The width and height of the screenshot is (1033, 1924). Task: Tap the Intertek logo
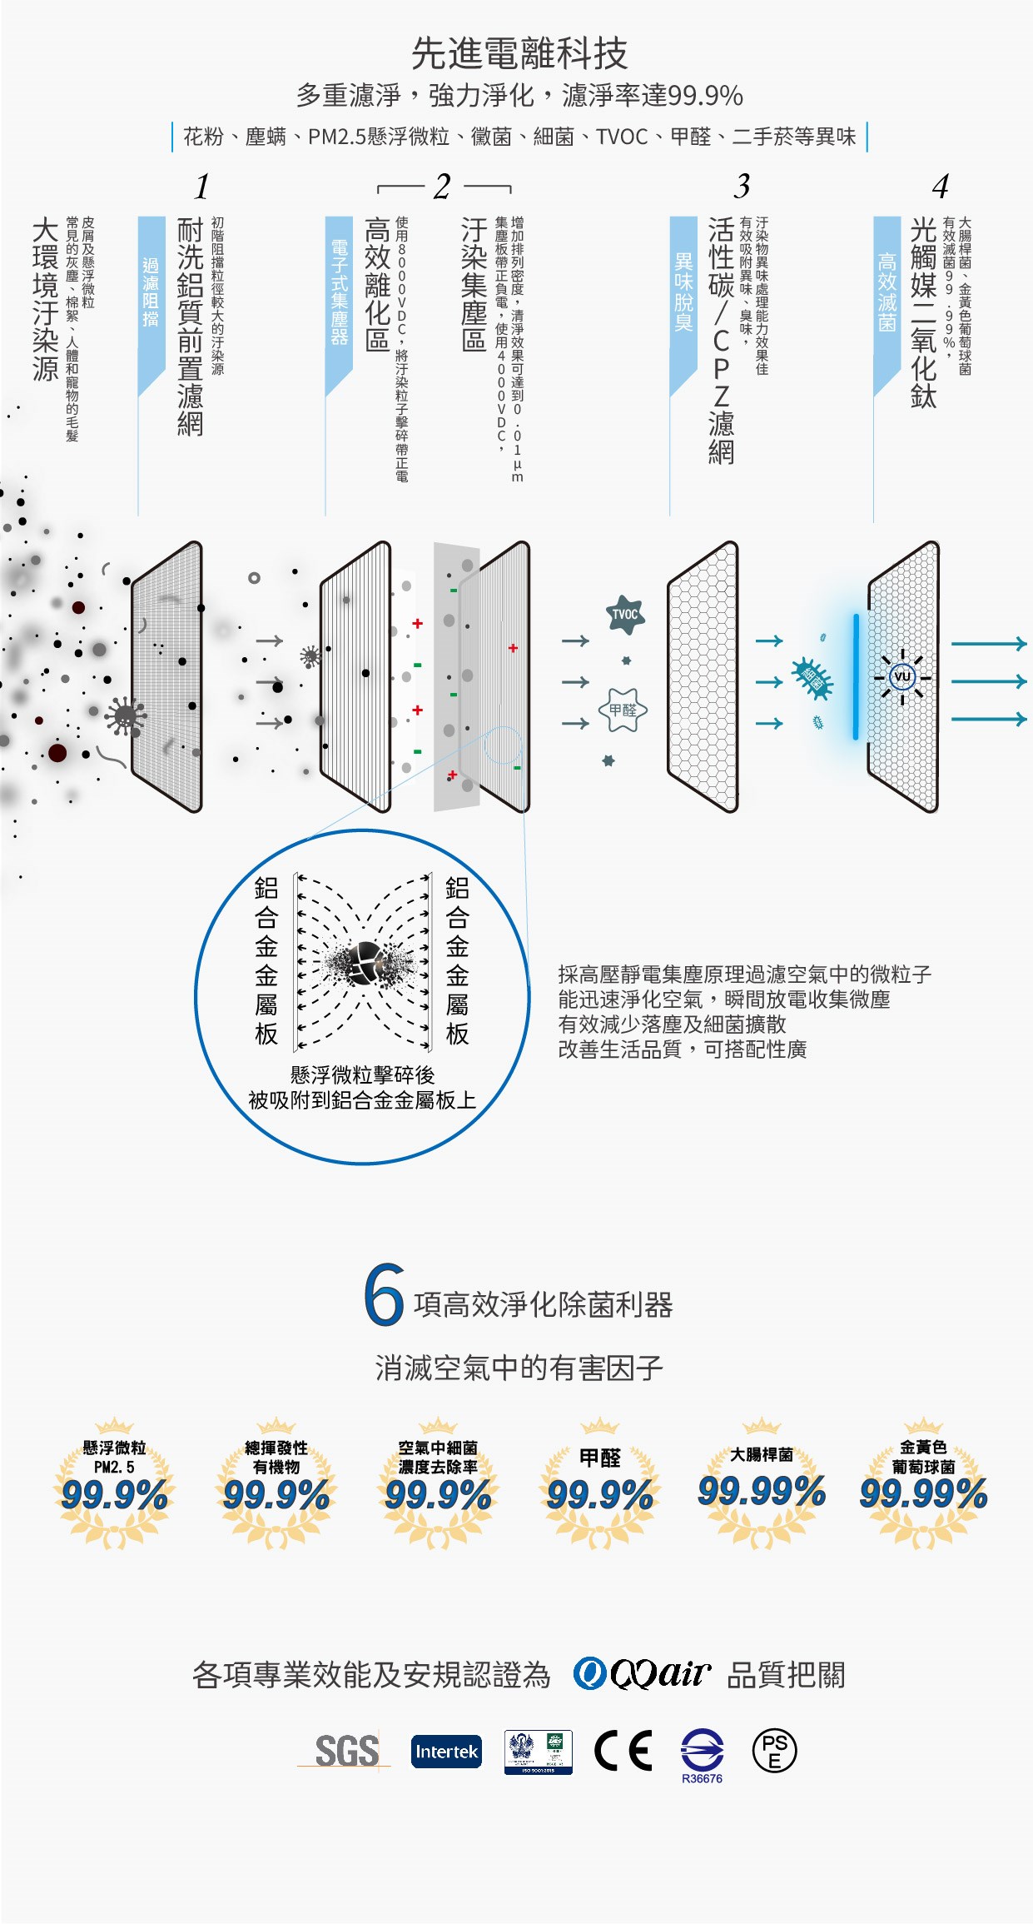(x=446, y=1751)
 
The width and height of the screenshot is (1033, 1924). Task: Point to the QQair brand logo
(x=642, y=1673)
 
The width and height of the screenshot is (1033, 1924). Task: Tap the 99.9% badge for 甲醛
(x=599, y=1490)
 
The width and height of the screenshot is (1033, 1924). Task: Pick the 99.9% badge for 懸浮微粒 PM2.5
(x=115, y=1490)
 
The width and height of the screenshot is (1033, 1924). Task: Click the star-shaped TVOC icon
(x=626, y=615)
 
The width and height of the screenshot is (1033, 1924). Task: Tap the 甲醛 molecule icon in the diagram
(x=623, y=710)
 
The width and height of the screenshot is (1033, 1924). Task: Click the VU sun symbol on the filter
(x=902, y=675)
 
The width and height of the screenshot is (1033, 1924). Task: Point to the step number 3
(x=742, y=186)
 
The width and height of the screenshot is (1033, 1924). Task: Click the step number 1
(x=201, y=187)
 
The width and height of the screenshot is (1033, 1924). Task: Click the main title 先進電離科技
(x=519, y=54)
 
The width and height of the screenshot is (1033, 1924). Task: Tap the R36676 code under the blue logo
(x=702, y=1778)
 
